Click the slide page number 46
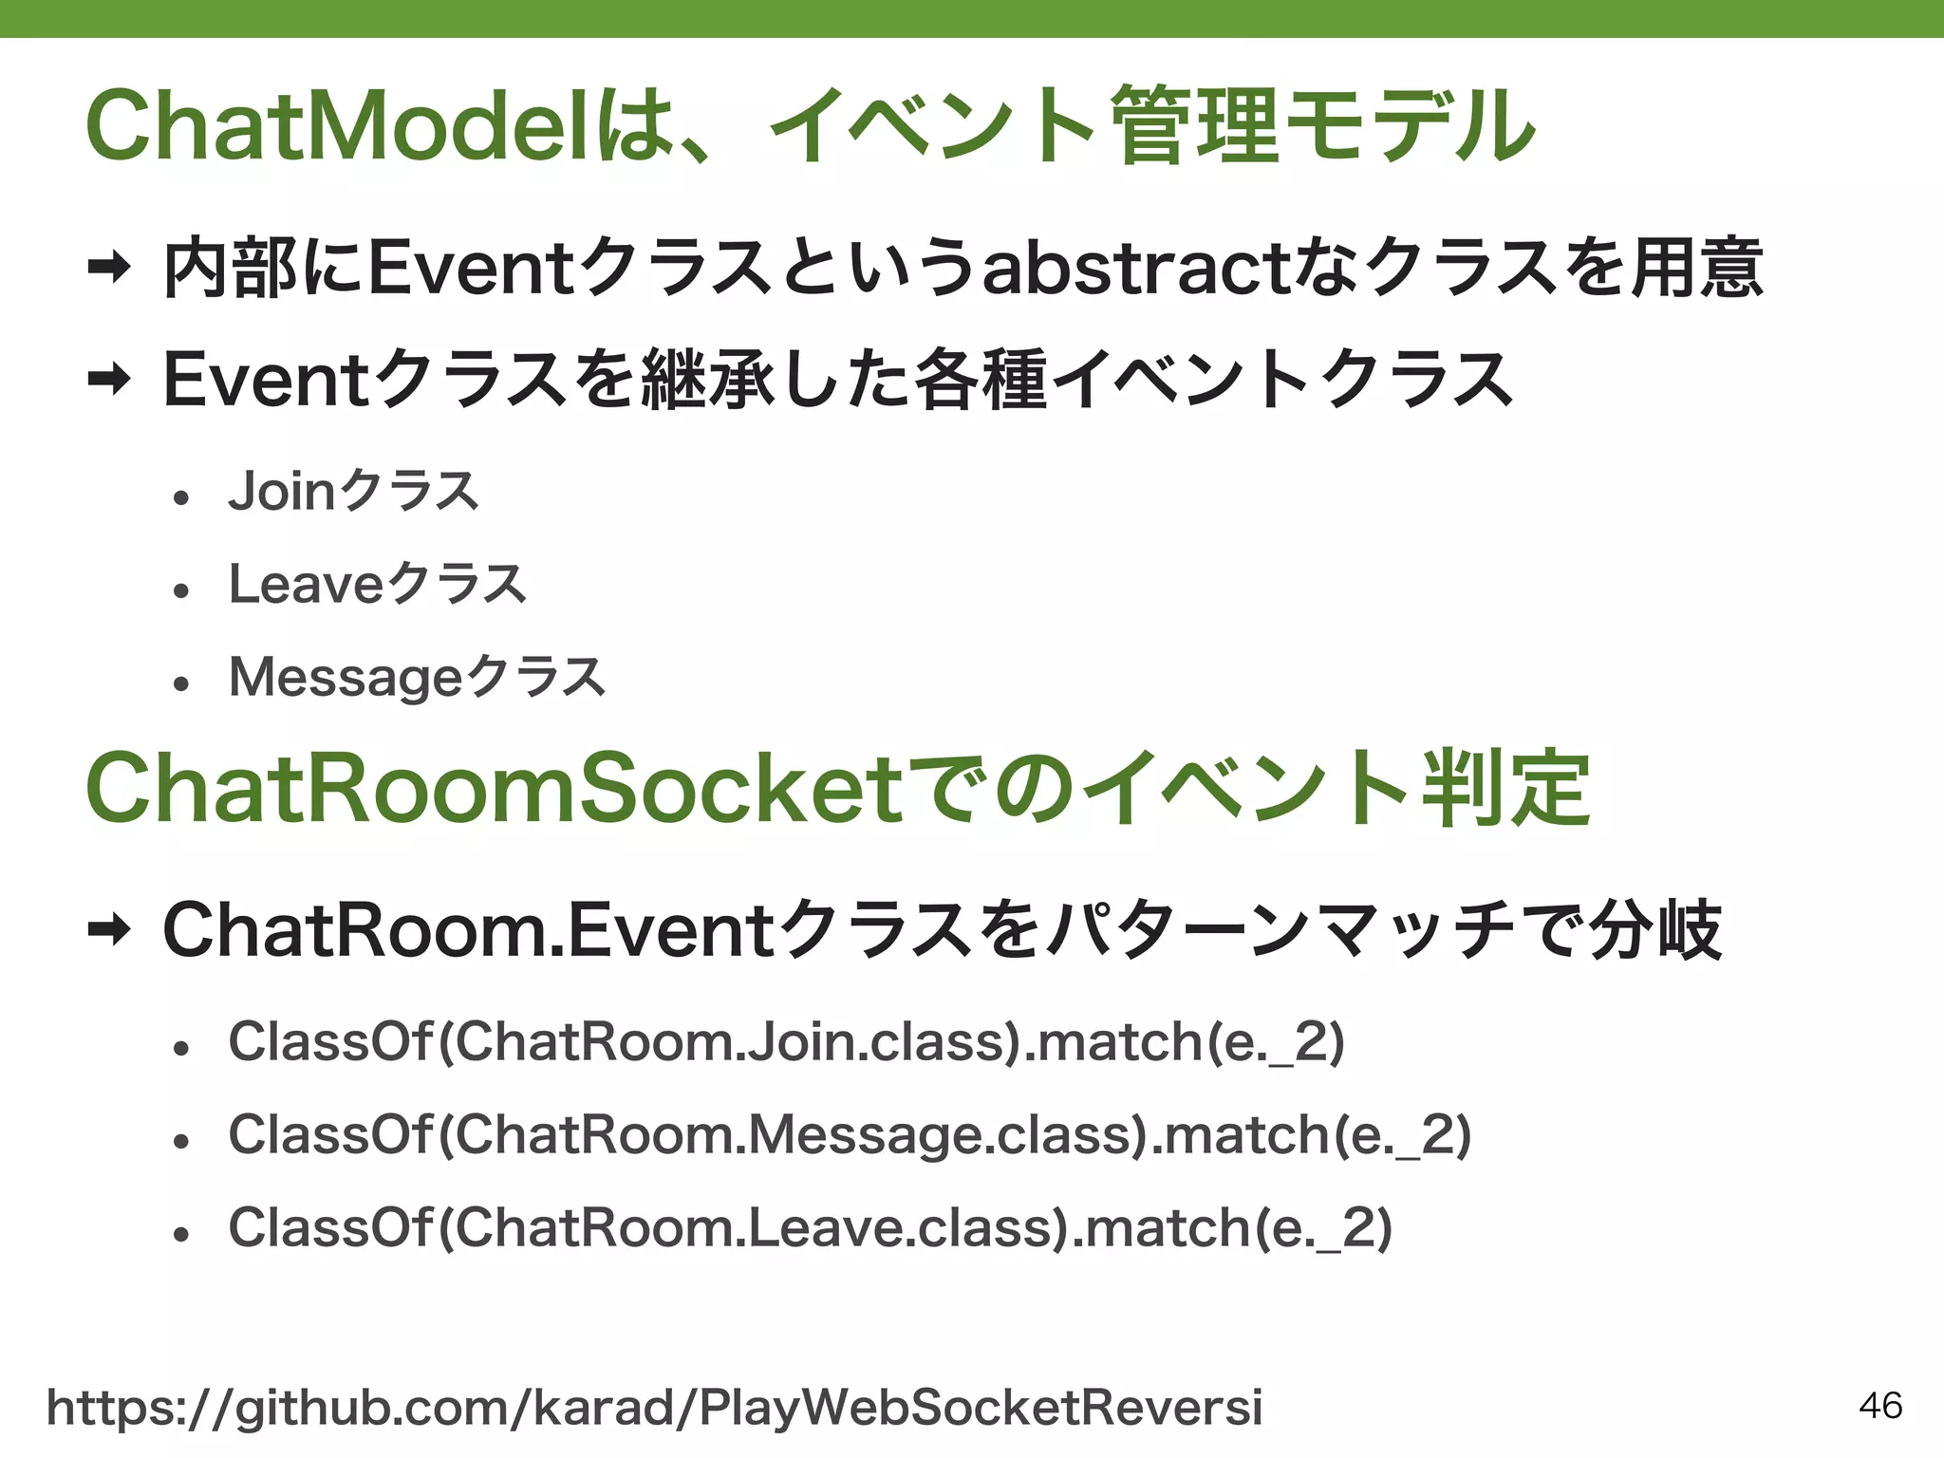tap(1879, 1405)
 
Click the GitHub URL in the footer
tap(654, 1408)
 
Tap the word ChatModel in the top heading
tap(342, 125)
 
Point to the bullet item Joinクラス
tap(353, 492)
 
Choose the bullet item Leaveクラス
tap(377, 584)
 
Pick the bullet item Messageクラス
tap(417, 678)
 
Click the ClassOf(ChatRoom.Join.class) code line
tap(786, 1042)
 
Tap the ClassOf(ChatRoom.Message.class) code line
tap(850, 1135)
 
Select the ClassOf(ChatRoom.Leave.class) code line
tap(810, 1228)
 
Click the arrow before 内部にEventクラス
tap(109, 270)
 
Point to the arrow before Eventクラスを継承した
tap(109, 381)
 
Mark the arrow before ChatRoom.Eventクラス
tap(109, 930)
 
